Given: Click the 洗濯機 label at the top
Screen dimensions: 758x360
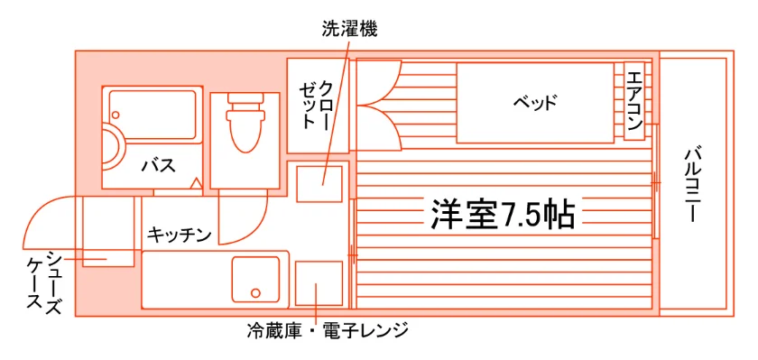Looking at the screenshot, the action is coord(349,29).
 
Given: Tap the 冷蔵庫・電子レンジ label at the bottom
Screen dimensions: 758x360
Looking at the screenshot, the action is coord(328,331).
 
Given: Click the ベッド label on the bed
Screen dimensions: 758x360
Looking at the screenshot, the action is coord(535,103).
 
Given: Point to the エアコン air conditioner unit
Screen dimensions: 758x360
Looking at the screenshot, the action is coord(633,101).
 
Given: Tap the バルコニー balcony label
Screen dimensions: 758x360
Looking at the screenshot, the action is coord(692,185).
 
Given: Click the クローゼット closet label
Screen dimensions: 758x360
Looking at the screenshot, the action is coord(317,106).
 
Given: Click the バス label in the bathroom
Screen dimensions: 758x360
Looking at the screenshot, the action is coord(159,166).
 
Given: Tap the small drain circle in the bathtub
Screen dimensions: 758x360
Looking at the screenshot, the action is coord(116,115).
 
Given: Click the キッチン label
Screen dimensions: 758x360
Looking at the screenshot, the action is coord(180,235).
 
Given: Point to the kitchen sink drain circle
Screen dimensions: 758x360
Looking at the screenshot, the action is coord(255,292).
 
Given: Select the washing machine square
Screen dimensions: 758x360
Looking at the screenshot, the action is coord(319,184).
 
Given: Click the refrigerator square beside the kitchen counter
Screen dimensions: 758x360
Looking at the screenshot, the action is coord(319,283).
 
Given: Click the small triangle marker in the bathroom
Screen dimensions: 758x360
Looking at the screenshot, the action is coord(196,184).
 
